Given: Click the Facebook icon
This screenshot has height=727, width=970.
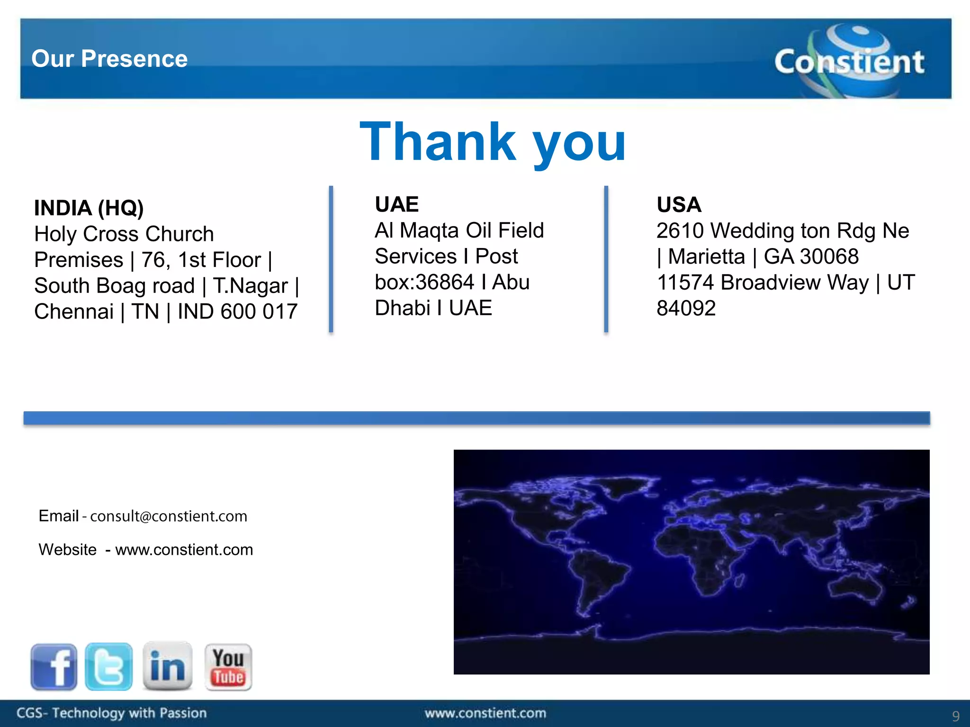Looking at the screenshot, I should click(x=54, y=666).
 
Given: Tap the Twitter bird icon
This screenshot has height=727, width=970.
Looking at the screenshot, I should click(x=109, y=666).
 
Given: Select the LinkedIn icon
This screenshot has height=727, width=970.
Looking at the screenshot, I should click(x=167, y=666).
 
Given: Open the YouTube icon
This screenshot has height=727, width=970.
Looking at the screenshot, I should click(x=228, y=666).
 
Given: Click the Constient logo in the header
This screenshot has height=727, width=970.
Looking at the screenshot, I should click(x=849, y=61).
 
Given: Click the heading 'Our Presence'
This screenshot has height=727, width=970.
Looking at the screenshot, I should click(x=109, y=59).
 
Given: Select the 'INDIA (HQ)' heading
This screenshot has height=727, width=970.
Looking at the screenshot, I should click(x=89, y=208).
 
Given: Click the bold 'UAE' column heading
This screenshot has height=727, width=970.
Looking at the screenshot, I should click(x=397, y=204).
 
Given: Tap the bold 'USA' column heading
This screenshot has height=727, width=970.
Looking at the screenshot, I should click(x=679, y=204).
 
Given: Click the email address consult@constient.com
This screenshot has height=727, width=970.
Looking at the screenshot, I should click(x=169, y=516).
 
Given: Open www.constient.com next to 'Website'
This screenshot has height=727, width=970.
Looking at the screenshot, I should click(x=184, y=550).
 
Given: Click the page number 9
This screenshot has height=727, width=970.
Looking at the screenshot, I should click(x=956, y=716).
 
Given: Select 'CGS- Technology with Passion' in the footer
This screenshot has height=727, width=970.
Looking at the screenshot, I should click(x=112, y=713).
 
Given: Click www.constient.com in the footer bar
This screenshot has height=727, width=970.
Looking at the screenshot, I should click(x=485, y=713).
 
